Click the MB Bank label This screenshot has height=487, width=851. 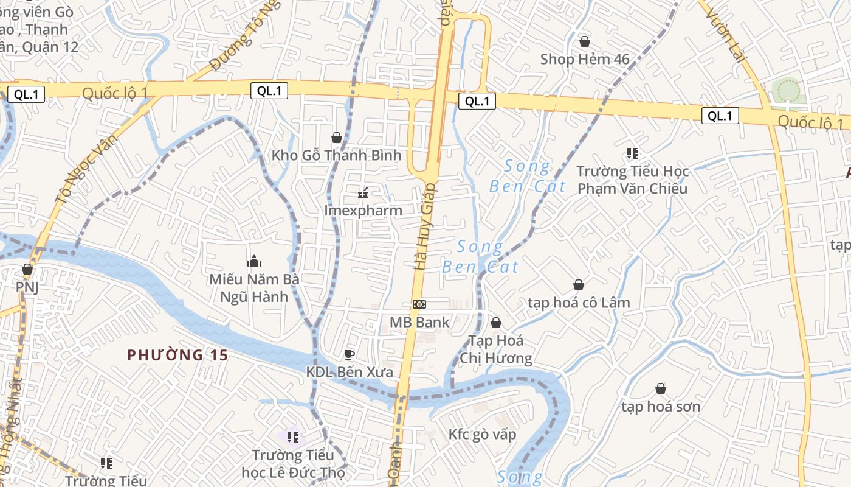point(419,322)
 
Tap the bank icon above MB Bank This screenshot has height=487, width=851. point(419,304)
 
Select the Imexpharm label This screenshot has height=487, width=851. point(363,211)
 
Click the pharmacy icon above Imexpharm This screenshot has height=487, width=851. point(363,194)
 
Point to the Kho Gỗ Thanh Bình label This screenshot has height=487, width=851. point(336,155)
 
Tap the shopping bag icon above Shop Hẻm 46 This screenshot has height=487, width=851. point(584,41)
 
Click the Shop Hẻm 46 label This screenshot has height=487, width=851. point(584,59)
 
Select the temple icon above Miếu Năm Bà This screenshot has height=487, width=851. point(254,262)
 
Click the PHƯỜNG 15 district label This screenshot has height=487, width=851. point(177,355)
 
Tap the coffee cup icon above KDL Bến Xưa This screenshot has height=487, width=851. point(349,354)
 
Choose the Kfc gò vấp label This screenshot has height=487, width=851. point(482,434)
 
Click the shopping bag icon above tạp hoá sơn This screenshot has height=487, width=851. point(661,388)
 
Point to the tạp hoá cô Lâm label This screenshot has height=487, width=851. point(579,303)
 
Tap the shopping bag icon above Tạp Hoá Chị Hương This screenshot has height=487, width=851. point(496,323)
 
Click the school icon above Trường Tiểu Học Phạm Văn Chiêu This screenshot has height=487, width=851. point(633,153)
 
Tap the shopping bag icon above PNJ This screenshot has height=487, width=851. point(27,269)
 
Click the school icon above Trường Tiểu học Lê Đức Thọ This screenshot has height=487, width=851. point(293,437)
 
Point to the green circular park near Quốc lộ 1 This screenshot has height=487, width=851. point(788,90)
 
